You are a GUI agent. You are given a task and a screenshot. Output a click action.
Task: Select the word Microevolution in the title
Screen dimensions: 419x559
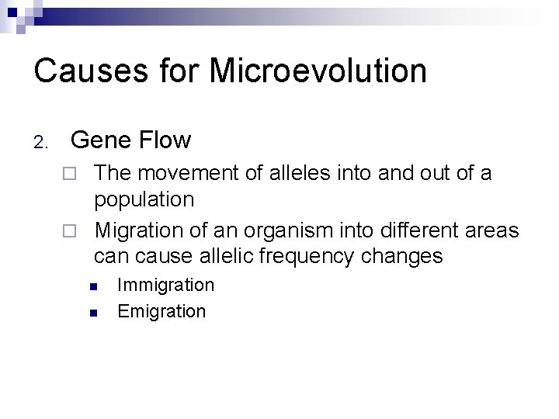(318, 71)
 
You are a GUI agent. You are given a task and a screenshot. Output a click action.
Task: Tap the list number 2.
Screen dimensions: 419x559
(40, 142)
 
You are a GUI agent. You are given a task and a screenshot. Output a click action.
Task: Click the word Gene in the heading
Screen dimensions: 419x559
(99, 140)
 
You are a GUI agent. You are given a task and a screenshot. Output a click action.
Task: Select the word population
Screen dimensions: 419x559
(144, 200)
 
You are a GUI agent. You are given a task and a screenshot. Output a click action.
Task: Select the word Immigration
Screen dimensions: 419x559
(165, 285)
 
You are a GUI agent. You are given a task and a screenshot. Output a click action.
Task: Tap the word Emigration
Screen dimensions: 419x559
(161, 311)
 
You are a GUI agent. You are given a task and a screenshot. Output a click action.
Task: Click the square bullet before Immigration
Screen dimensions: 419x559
(92, 286)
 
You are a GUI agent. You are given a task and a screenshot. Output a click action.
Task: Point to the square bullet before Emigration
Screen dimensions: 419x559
(92, 313)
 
